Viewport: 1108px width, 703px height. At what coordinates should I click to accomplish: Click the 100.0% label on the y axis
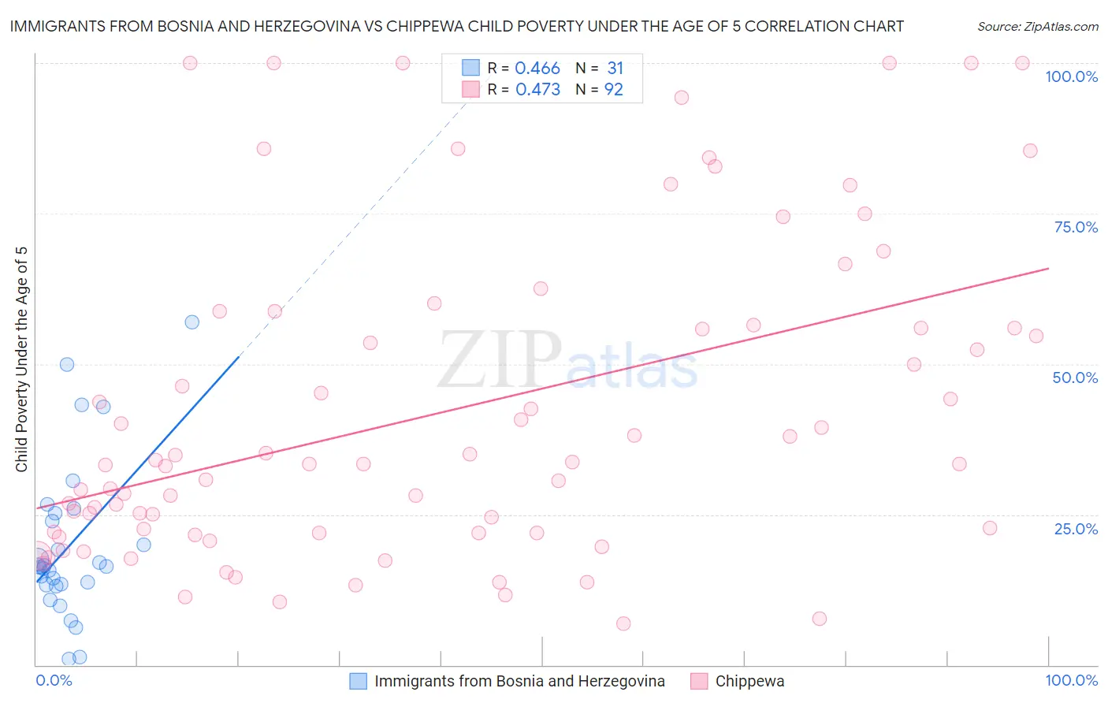1071,76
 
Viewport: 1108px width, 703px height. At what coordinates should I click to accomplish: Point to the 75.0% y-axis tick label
1076,227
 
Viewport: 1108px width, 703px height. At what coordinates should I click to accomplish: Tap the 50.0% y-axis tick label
1075,378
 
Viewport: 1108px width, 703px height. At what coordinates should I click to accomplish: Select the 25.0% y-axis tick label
1076,528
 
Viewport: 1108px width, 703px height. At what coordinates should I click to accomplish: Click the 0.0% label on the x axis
54,680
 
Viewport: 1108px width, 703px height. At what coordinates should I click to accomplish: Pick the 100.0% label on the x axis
1071,680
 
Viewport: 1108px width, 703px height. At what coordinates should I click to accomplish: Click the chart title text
456,26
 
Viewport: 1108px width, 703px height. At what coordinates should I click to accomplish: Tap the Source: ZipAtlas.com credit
1037,26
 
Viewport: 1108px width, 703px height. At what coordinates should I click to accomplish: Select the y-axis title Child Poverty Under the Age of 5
22,359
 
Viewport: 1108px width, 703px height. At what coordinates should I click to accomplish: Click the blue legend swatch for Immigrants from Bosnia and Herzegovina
359,681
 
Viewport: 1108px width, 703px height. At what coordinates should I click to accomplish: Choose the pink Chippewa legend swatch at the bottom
699,681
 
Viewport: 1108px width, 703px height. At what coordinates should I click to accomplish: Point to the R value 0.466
537,68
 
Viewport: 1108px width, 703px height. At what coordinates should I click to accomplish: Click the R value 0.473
537,89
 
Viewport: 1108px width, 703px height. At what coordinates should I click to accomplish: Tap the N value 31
615,68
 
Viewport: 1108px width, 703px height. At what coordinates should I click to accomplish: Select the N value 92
614,89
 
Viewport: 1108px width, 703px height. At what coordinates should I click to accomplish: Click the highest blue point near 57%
191,322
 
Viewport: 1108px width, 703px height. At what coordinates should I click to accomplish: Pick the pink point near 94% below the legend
682,98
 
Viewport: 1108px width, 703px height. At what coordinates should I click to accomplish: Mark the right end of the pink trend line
1048,269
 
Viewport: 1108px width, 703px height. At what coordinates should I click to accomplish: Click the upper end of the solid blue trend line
238,357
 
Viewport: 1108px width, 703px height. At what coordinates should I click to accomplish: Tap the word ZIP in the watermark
499,360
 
